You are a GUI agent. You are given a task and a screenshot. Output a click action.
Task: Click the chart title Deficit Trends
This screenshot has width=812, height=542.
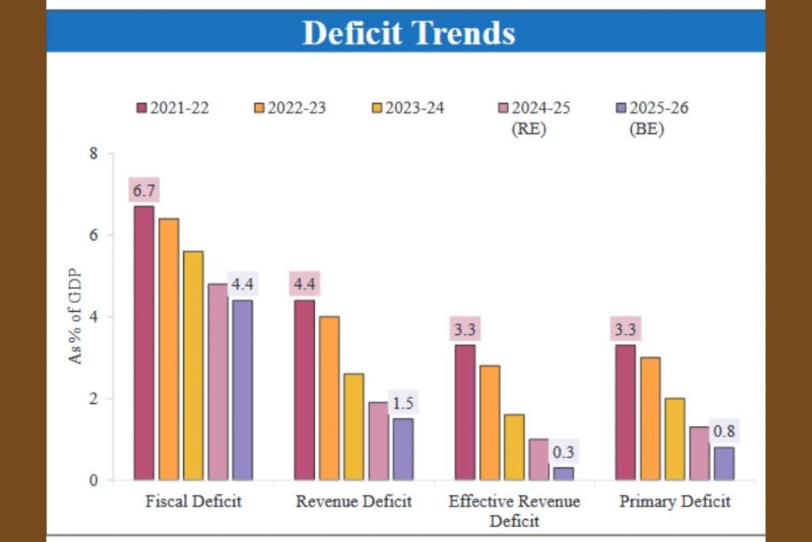408,33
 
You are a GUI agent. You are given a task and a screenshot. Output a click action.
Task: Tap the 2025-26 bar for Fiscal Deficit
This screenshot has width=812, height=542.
241,390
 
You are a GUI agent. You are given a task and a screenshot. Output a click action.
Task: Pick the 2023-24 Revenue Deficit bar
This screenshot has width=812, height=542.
354,427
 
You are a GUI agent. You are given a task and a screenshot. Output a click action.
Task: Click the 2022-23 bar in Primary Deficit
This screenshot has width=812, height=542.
650,418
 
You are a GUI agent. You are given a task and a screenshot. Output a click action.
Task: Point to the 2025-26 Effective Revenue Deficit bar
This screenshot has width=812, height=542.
563,474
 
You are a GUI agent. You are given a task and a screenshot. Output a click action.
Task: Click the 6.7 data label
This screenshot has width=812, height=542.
144,191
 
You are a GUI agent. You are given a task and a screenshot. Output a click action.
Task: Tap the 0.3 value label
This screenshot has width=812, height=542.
564,452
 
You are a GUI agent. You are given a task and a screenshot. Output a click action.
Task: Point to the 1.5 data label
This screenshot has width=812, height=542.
403,403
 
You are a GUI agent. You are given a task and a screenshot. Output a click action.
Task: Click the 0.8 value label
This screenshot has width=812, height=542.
723,432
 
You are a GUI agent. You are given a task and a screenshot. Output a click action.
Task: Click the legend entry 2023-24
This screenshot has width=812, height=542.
408,108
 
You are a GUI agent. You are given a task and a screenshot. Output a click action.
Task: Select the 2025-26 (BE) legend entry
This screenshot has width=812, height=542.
652,117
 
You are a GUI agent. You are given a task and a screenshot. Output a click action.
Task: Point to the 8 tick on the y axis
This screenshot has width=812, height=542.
94,153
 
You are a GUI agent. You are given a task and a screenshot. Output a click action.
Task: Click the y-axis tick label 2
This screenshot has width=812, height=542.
94,398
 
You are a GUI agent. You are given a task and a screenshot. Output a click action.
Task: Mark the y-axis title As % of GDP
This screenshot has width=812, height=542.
75,316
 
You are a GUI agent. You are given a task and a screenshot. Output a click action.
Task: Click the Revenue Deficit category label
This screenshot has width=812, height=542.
354,502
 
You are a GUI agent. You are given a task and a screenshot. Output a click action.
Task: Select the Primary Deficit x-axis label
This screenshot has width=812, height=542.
675,502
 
